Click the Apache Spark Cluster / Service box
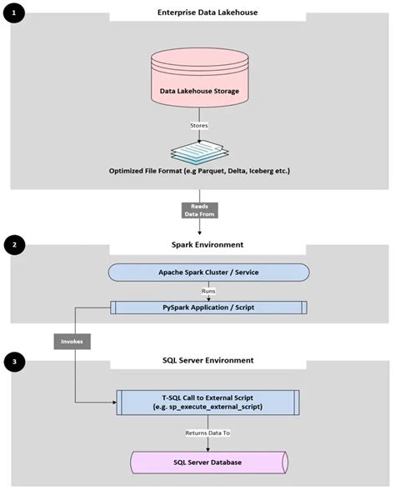(209, 272)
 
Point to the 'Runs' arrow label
(209, 292)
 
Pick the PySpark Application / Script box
(209, 307)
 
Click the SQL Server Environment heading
(209, 361)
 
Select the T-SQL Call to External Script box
(209, 401)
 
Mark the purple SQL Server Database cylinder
(209, 462)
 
